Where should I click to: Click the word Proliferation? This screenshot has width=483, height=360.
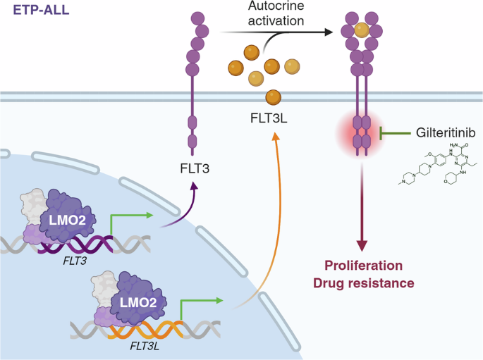(x=363, y=266)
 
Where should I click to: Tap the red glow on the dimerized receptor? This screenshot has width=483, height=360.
(x=362, y=132)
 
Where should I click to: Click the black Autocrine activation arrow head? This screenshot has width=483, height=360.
(x=329, y=32)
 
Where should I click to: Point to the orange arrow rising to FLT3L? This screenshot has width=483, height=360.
(x=262, y=211)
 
